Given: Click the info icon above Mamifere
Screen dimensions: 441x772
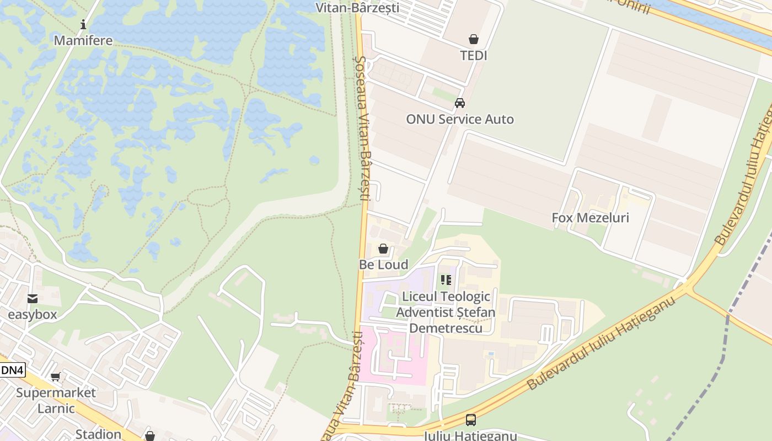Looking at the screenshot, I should (x=83, y=24).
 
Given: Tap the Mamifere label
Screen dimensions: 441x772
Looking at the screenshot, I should (x=83, y=40).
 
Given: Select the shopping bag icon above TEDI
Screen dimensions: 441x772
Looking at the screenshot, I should (x=473, y=39).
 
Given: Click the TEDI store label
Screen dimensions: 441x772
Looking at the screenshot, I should (x=474, y=55).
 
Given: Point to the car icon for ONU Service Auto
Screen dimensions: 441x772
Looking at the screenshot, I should (x=459, y=103).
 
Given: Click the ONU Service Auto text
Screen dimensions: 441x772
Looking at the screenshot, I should (x=460, y=119).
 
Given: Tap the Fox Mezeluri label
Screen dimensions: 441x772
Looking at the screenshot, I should (x=590, y=218).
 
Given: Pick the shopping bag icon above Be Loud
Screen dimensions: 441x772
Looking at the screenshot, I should (x=383, y=249).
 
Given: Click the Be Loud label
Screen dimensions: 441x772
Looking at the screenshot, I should (x=384, y=265).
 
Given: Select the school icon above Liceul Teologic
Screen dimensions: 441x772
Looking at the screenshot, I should (x=446, y=280).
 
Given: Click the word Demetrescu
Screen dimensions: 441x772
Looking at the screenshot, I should (x=446, y=328).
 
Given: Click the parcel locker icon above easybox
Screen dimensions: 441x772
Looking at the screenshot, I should (x=32, y=299).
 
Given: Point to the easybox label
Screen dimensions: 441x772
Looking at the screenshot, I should (x=32, y=315).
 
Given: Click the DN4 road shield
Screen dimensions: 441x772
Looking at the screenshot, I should (x=12, y=370).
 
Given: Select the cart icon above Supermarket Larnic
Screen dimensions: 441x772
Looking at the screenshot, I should (x=55, y=377).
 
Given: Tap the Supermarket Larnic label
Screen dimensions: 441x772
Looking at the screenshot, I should (x=56, y=400).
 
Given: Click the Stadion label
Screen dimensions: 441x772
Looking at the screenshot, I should (x=98, y=434).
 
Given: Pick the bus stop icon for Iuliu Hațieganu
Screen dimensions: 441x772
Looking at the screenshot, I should (x=470, y=420).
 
